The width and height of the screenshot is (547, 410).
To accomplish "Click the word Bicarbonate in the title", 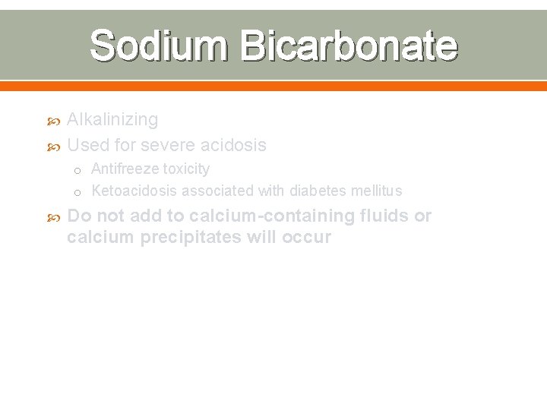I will (349, 46).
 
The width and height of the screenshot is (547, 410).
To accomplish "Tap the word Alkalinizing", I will (112, 119).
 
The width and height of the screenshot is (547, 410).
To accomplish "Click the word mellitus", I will (376, 191).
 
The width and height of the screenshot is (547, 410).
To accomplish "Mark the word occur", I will (307, 237).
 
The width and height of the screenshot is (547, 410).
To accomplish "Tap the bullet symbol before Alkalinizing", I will (52, 120).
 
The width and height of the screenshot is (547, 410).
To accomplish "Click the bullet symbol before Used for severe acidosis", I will (52, 145).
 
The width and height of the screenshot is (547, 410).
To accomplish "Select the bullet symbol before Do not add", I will (52, 216).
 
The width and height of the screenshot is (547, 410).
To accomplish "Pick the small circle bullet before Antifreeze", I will (78, 170).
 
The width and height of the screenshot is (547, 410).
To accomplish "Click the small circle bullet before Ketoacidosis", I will (78, 192).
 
